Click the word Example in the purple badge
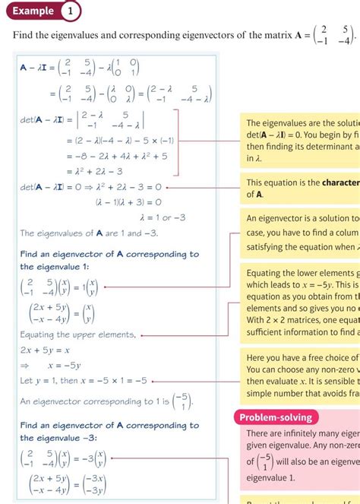[32, 11]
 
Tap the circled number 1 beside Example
[70, 11]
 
